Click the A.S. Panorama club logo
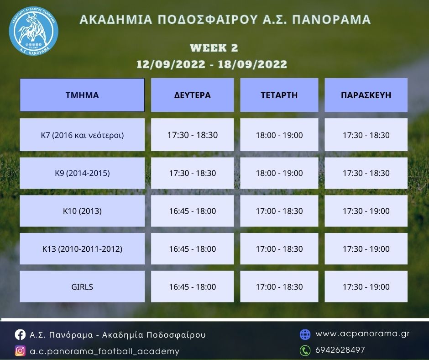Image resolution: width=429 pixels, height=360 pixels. tap(33, 31)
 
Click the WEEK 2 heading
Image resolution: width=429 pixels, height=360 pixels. tap(214, 48)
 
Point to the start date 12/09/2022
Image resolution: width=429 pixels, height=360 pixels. tap(171, 64)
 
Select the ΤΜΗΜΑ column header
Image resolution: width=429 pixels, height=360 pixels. tap(82, 95)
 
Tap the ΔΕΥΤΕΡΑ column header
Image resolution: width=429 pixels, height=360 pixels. tap(192, 95)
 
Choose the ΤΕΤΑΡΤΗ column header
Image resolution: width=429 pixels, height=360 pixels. tap(279, 95)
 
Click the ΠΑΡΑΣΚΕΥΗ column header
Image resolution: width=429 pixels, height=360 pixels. tap(366, 95)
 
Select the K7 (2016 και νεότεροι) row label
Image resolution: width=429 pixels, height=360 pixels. tap(82, 135)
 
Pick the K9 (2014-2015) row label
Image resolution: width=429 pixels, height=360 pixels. tap(82, 173)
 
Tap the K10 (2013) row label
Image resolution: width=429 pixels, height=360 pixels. tap(82, 211)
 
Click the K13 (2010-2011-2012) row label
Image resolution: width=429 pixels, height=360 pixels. tap(82, 249)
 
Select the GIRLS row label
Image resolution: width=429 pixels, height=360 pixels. tap(82, 286)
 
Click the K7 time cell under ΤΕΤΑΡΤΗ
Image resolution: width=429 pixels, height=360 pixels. tap(279, 135)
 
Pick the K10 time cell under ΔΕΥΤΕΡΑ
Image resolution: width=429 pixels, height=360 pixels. tap(192, 211)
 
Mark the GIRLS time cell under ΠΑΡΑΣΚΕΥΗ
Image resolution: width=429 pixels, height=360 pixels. tap(366, 286)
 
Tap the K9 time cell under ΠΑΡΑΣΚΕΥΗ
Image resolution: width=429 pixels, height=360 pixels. tap(366, 173)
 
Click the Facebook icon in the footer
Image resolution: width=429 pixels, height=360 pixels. tap(20, 334)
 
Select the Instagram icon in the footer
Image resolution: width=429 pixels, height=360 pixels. tap(20, 351)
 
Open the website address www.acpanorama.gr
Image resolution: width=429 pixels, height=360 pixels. tap(362, 334)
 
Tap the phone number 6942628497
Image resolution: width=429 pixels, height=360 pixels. tap(340, 350)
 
